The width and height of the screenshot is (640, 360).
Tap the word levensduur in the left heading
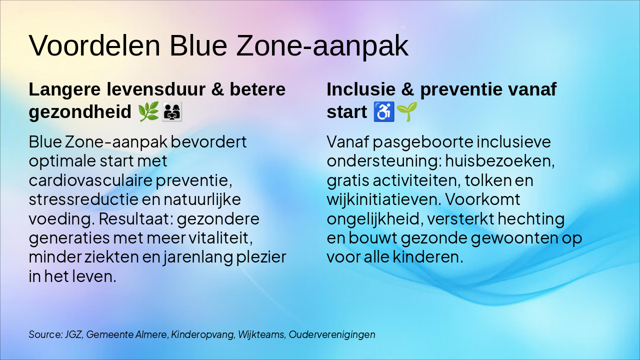click(156, 89)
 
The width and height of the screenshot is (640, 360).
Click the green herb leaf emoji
click(148, 111)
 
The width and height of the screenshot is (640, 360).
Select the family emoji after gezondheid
click(172, 111)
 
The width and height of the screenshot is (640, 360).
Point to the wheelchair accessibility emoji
click(384, 111)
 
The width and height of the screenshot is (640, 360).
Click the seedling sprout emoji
click(407, 111)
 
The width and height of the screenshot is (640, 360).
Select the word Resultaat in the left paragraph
click(135, 218)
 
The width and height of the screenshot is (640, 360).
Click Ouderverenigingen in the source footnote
click(332, 334)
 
